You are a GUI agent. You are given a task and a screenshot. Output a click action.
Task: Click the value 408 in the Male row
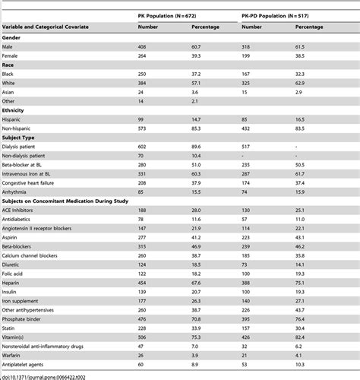(142, 46)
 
